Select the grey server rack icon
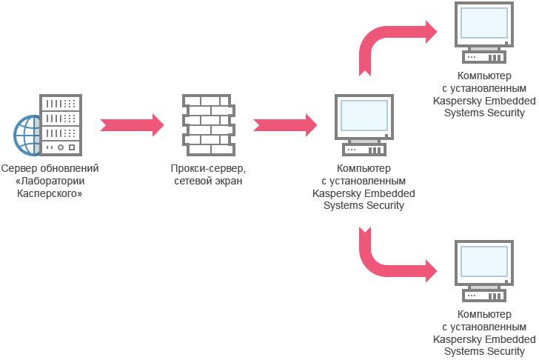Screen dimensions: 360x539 tap(61, 124)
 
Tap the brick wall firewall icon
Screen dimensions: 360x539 tap(208, 124)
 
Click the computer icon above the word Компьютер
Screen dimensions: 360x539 tap(363, 125)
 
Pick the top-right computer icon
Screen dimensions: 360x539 tap(483, 33)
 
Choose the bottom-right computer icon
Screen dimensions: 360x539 tap(483, 270)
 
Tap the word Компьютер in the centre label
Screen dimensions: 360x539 tap(363, 169)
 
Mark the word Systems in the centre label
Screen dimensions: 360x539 tap(344, 205)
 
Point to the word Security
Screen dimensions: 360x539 tap(384, 205)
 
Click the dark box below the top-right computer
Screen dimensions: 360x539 tap(483, 95)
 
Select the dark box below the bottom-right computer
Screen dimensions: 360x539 tap(483, 333)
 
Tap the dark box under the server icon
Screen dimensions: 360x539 tap(46, 183)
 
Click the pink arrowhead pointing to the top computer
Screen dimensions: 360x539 tap(435, 32)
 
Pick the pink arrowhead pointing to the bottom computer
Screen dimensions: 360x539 tap(435, 271)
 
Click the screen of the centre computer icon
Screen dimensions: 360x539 tap(363, 116)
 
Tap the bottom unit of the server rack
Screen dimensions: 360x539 tap(61, 147)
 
